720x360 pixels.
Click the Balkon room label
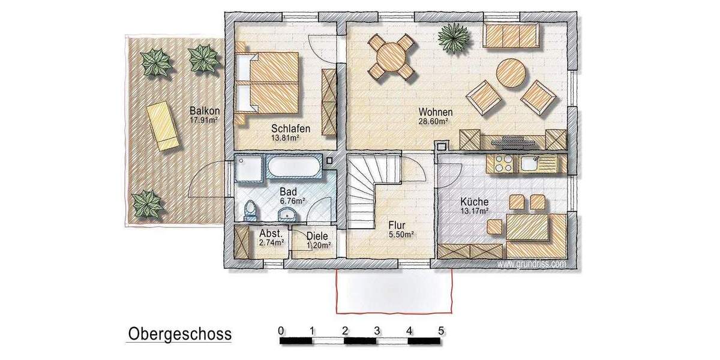(x=204, y=111)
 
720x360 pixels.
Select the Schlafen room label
(x=290, y=128)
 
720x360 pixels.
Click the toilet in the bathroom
(x=250, y=210)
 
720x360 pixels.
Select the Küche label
(x=474, y=202)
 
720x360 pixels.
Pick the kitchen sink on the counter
(x=531, y=163)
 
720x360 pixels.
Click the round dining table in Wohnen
(x=391, y=58)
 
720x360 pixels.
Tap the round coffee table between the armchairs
(x=511, y=73)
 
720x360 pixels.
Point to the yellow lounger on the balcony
(x=162, y=126)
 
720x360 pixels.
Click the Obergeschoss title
(x=179, y=334)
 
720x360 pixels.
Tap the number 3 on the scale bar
(x=377, y=330)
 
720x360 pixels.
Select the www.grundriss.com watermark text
(x=531, y=263)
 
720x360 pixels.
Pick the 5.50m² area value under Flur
(x=402, y=235)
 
